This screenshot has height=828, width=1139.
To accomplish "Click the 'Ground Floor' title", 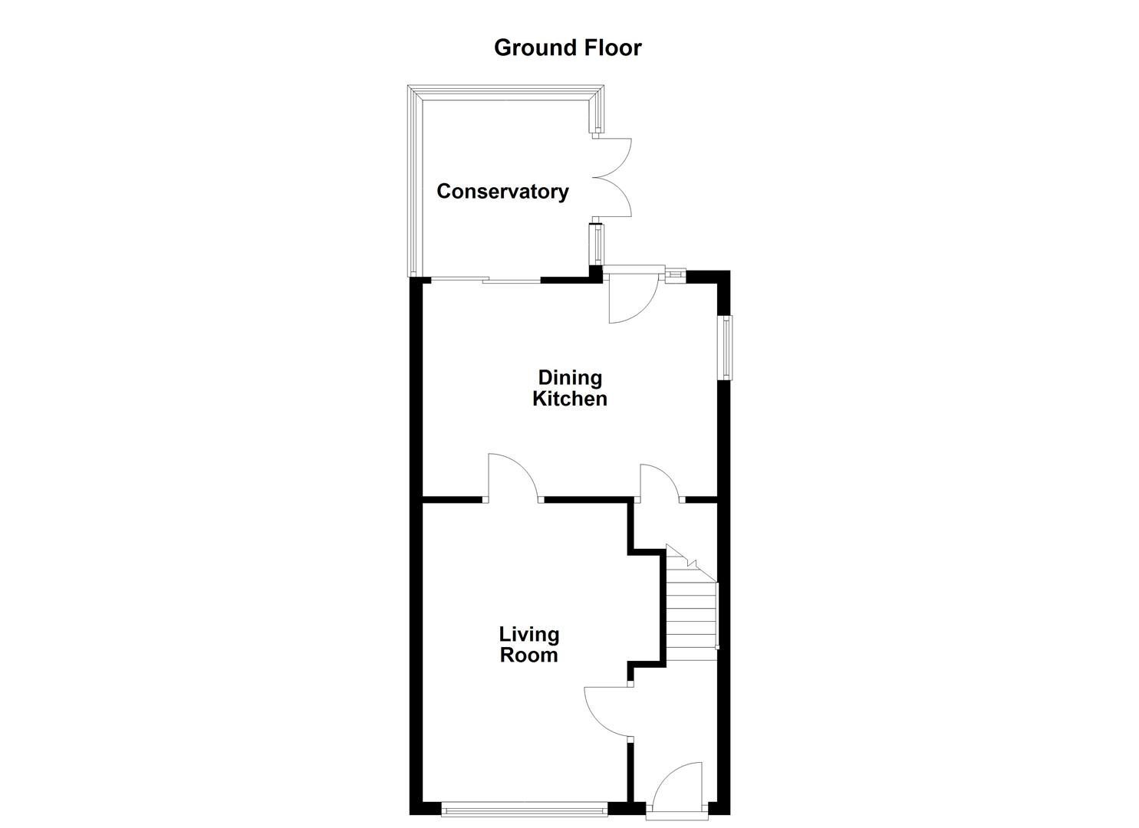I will coord(568,48).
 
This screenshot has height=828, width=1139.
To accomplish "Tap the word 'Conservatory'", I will coord(502,192).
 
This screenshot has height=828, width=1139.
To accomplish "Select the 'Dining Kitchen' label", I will coord(570,388).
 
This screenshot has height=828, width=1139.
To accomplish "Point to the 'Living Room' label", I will coord(528,645).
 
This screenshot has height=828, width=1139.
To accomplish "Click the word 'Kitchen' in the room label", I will coord(570,399).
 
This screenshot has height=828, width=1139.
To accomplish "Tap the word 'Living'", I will coord(528,634).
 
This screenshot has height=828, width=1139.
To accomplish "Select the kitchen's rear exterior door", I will coord(630,295).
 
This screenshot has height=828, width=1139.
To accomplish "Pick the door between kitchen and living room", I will coord(513,478).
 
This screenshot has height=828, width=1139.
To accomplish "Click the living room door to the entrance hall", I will coord(607,712).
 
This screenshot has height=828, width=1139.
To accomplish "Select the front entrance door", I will coord(678,787).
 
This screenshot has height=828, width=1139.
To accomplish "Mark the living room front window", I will coord(525,807).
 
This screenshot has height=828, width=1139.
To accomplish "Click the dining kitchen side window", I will coord(725,347).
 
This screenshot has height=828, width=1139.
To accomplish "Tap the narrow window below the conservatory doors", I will coord(595,243).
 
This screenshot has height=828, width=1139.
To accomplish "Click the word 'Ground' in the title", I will coord(529,48).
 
